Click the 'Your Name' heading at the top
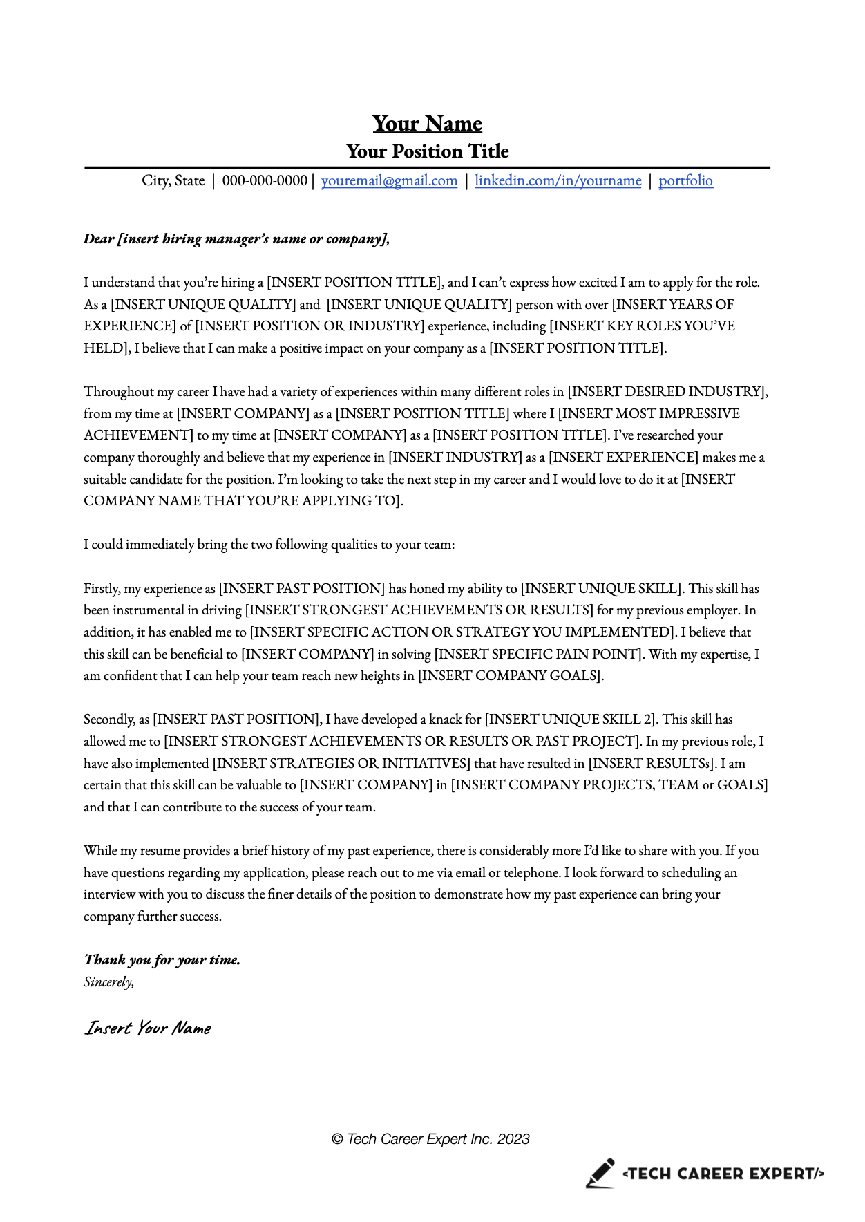point(427,124)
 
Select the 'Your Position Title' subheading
point(427,151)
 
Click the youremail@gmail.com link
point(389,181)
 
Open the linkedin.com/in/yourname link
point(558,181)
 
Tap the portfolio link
point(685,181)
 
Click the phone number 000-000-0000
point(265,181)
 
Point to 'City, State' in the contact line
point(173,181)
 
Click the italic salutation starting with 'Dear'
point(236,239)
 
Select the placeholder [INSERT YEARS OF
point(673,305)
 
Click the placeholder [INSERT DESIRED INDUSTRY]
point(667,392)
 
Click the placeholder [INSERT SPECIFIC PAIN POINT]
point(539,655)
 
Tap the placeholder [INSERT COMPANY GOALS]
point(511,676)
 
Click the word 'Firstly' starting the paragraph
point(101,589)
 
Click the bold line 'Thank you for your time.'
point(162,960)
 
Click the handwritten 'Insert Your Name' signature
point(148,1028)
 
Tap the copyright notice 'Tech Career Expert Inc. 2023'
point(430,1139)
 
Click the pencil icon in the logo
point(600,1174)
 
